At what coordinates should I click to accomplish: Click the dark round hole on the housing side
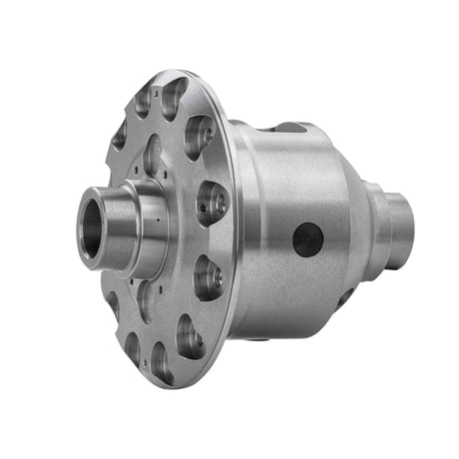[307, 239]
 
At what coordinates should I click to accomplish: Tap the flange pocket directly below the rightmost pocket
[208, 275]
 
